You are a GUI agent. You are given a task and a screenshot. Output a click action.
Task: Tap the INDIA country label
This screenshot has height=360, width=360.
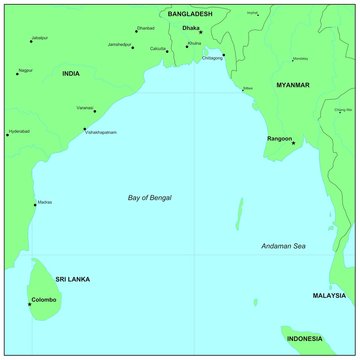tap(71, 74)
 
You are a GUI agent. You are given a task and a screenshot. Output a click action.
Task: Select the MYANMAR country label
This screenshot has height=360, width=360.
tap(293, 87)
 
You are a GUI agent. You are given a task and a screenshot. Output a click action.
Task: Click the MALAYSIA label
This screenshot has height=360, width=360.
tap(329, 296)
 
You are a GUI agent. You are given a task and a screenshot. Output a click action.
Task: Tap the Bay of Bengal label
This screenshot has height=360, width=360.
tap(150, 198)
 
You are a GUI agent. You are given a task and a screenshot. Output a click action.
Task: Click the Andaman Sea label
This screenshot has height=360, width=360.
tap(283, 246)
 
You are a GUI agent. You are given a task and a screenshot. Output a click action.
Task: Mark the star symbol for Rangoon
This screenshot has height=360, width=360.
tap(293, 143)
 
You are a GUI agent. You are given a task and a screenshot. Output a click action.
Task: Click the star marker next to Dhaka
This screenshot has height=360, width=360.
tap(201, 32)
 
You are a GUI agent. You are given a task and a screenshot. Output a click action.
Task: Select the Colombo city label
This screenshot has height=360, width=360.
tap(44, 299)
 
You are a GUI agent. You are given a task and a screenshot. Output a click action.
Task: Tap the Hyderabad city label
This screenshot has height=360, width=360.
tap(17, 131)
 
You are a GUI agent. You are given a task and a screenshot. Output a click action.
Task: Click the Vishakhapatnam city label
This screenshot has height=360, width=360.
tap(101, 132)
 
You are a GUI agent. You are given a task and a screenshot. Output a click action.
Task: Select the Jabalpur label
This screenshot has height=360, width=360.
tap(39, 38)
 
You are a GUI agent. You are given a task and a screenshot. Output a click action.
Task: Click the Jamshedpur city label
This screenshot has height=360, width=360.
tap(120, 45)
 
